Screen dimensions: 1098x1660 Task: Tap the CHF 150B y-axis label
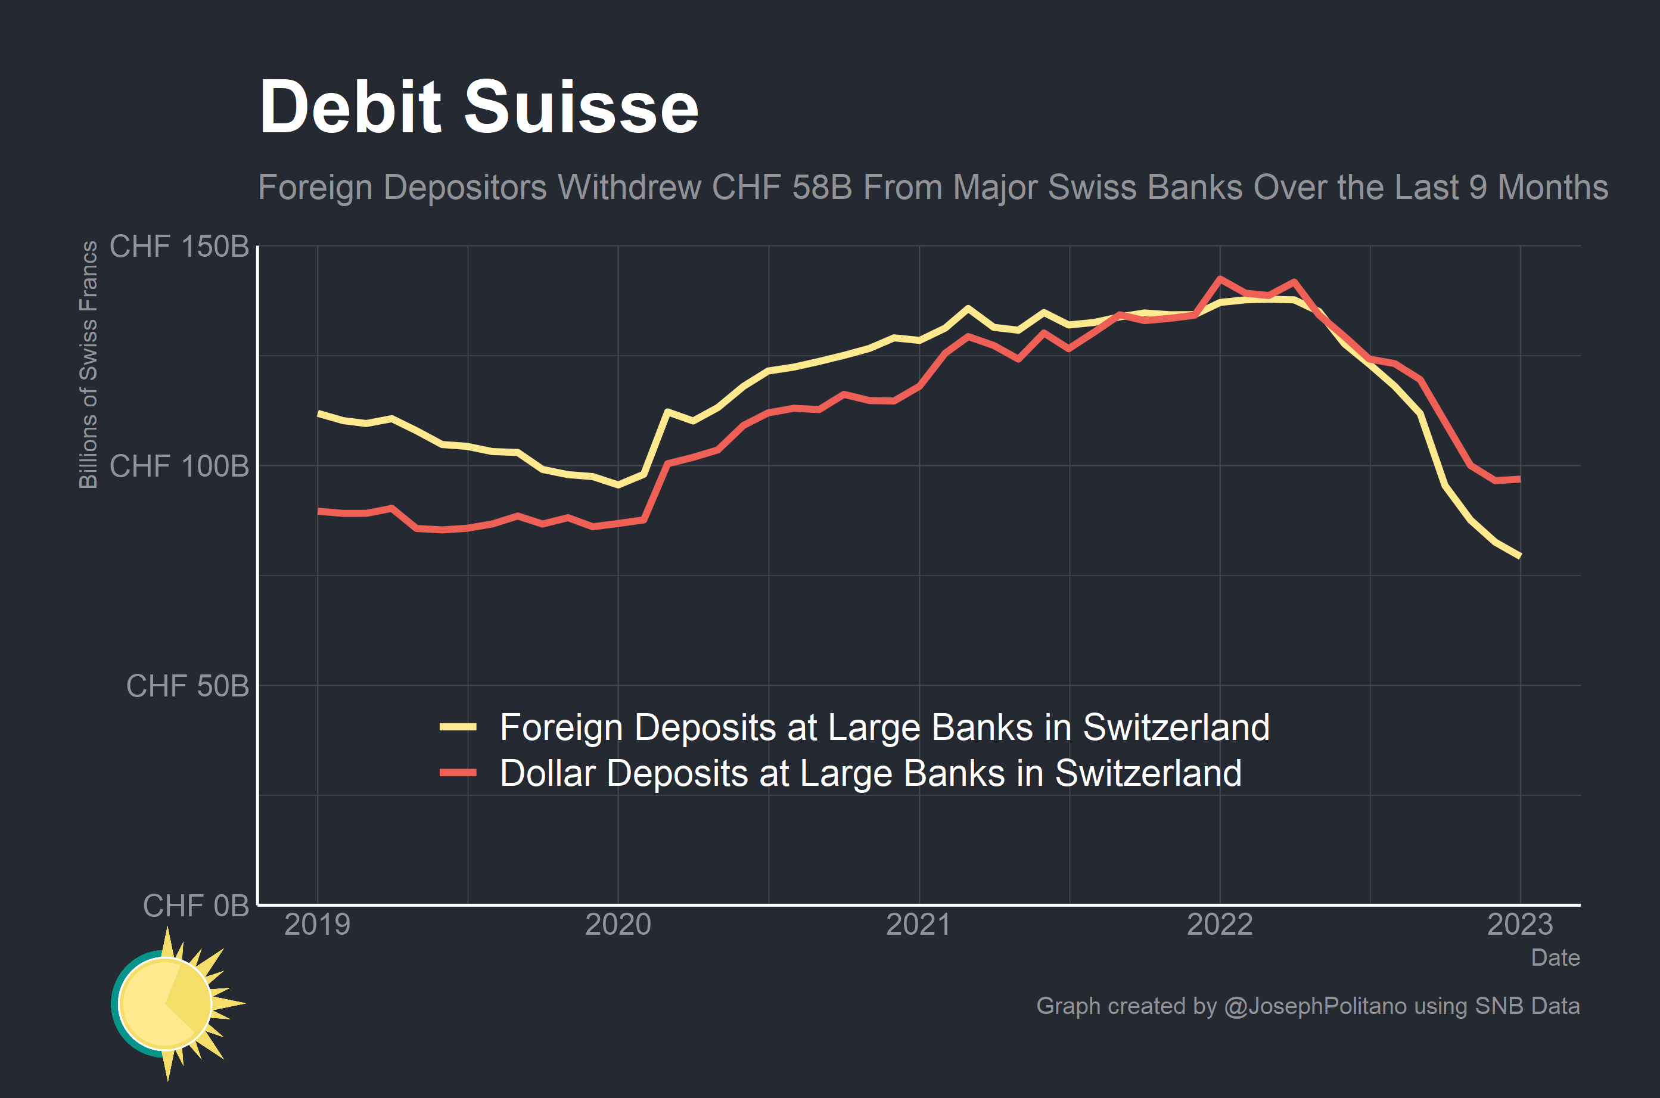179,247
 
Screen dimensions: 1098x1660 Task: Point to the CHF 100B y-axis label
179,466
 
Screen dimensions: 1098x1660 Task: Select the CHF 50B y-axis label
187,686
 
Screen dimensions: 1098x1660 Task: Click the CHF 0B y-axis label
195,906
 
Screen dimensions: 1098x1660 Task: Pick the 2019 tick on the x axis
317,925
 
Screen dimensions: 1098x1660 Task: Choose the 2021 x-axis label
919,925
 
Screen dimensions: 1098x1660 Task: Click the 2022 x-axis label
1220,925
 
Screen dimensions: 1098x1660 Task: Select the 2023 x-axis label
1520,925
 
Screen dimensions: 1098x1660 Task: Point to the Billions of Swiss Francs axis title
88,364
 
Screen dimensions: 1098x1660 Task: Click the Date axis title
1555,957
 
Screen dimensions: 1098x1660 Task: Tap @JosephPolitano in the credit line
1315,1006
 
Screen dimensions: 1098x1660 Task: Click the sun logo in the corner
172,1003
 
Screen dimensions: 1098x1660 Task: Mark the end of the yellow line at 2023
1520,556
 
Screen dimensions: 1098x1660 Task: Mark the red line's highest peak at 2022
1220,279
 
